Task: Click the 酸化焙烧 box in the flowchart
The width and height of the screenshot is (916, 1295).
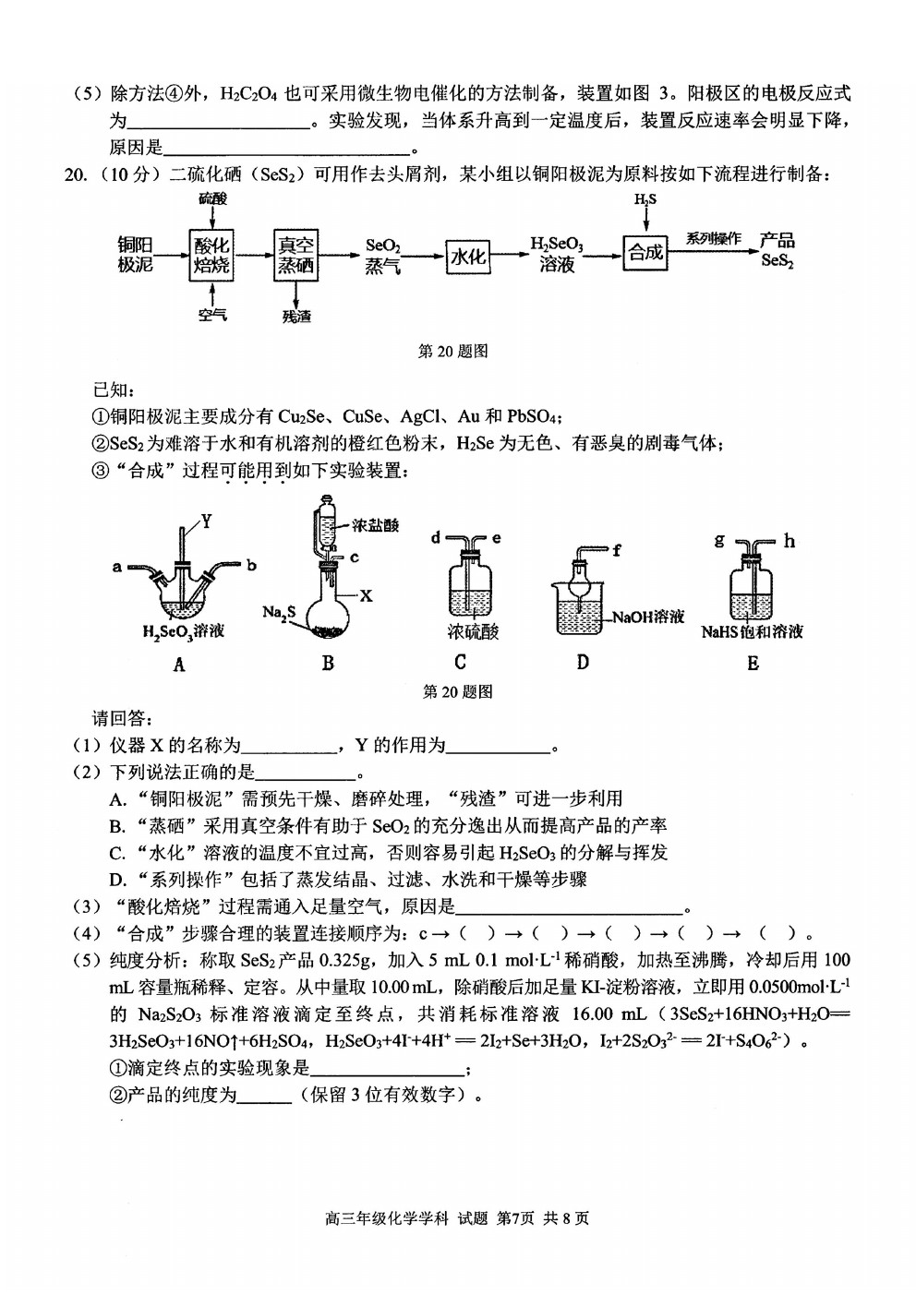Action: pyautogui.click(x=211, y=255)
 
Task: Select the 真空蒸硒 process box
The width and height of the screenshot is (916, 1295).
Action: pyautogui.click(x=296, y=255)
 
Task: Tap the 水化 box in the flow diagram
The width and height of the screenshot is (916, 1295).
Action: pyautogui.click(x=468, y=256)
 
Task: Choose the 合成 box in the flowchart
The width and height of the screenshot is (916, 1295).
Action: pyautogui.click(x=645, y=253)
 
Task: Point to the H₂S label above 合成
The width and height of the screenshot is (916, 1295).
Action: pyautogui.click(x=645, y=200)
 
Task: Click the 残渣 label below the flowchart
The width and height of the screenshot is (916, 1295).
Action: pyautogui.click(x=296, y=316)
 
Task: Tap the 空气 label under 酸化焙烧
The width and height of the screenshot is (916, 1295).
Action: pyautogui.click(x=212, y=315)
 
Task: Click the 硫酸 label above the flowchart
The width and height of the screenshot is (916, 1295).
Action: pyautogui.click(x=212, y=198)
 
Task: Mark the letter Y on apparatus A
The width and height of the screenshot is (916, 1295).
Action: pyautogui.click(x=206, y=522)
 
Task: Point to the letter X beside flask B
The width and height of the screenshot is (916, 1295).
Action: pyautogui.click(x=366, y=595)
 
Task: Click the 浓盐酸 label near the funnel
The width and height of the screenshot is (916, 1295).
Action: pyautogui.click(x=375, y=525)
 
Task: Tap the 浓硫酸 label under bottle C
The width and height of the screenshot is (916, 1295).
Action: pyautogui.click(x=473, y=632)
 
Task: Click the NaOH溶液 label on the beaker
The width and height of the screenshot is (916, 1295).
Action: pyautogui.click(x=647, y=617)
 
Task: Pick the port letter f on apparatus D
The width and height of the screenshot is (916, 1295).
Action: pyautogui.click(x=617, y=550)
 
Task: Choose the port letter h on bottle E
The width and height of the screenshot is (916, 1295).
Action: pyautogui.click(x=789, y=541)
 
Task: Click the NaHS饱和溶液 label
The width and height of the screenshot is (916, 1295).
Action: pyautogui.click(x=752, y=631)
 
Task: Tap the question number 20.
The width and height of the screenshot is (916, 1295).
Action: pyautogui.click(x=75, y=175)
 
